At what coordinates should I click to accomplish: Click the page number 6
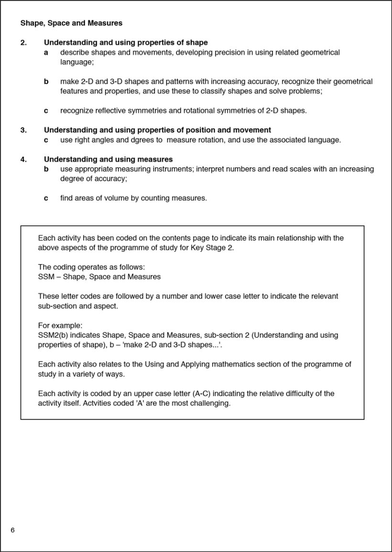[12, 530]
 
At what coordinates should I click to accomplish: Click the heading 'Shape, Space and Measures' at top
[71, 22]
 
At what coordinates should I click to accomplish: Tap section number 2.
[23, 43]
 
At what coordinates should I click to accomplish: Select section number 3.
[23, 130]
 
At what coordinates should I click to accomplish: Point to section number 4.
[23, 159]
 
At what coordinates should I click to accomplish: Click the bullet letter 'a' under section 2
[46, 52]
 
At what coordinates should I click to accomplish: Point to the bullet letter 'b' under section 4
[46, 169]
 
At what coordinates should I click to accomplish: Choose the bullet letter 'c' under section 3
[46, 140]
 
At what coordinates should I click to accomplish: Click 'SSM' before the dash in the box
[46, 276]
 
